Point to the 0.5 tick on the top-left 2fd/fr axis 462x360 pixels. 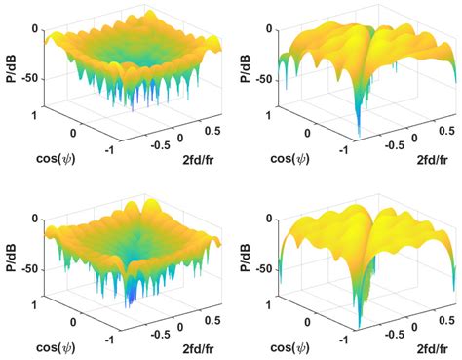tap(208, 128)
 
